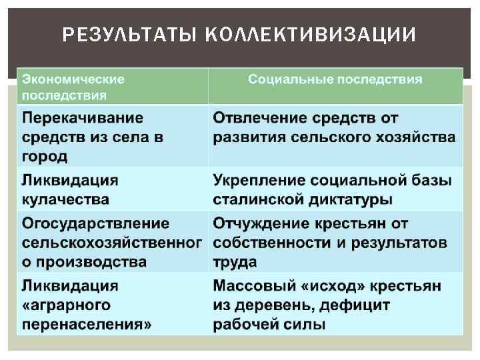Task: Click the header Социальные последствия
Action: (x=335, y=79)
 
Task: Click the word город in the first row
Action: (x=45, y=157)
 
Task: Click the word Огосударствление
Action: (x=95, y=223)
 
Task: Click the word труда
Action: (x=235, y=262)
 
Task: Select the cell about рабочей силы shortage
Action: (x=335, y=305)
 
